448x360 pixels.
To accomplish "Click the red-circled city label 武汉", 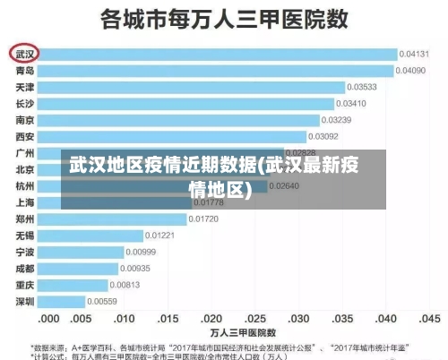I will click(25, 54).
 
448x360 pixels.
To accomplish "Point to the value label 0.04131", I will click(413, 54).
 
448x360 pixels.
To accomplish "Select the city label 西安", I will click(25, 136).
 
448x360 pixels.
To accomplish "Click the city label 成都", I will click(25, 268).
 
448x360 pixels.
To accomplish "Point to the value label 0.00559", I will click(101, 301).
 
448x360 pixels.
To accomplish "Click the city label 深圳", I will click(25, 301).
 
